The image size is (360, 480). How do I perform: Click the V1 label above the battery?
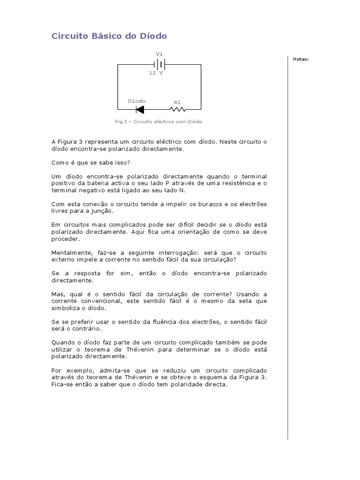point(159,54)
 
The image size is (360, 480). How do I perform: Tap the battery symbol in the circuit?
point(159,64)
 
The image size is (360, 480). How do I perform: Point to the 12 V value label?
point(156,74)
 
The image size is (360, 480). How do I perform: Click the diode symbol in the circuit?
point(140,110)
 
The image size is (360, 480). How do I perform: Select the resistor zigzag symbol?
point(178,110)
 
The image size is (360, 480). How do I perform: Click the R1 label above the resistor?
point(177,102)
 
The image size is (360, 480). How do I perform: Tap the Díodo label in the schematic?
point(137,101)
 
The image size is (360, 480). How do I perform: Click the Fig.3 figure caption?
point(159,121)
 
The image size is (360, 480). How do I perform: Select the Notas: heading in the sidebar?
point(300,59)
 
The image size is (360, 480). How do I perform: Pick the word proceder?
point(64,239)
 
